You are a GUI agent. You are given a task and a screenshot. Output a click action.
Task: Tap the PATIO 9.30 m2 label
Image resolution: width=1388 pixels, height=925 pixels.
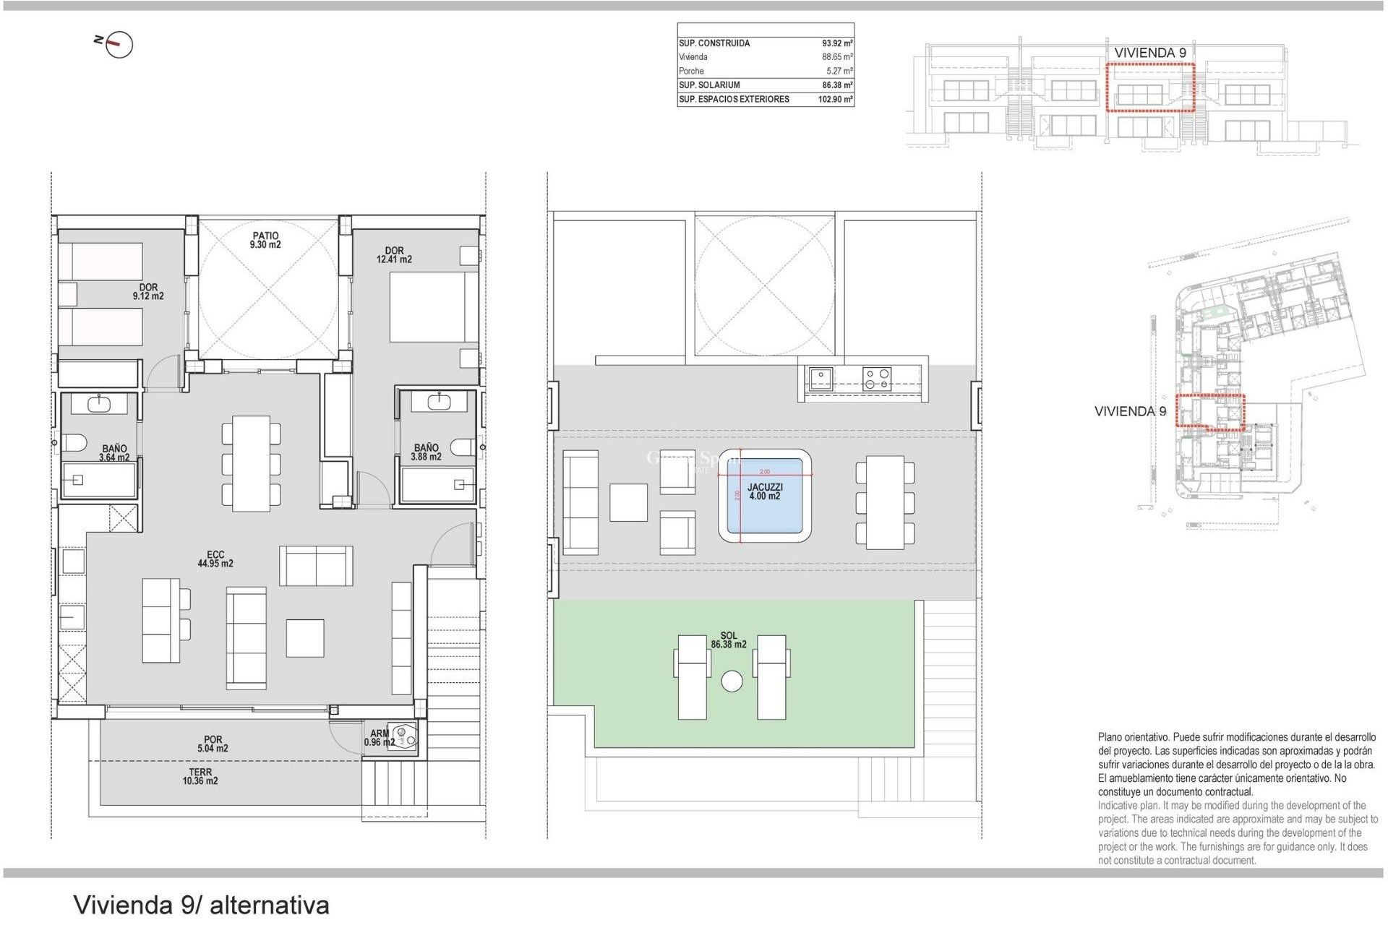(265, 241)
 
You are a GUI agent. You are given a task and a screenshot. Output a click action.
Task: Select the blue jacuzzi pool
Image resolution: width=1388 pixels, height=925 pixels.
(764, 496)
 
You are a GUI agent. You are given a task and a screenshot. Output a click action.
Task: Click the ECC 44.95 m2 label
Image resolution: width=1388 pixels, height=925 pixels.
(215, 559)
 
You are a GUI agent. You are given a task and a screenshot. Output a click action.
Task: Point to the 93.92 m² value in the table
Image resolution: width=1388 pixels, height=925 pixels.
(836, 43)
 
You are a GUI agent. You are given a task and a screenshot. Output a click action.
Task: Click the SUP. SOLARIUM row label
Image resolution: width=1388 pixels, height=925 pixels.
(709, 85)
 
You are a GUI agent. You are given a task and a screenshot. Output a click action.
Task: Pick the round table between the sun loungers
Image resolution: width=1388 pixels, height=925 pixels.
(732, 681)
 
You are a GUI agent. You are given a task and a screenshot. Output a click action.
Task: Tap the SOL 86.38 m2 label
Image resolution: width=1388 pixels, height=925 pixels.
(729, 640)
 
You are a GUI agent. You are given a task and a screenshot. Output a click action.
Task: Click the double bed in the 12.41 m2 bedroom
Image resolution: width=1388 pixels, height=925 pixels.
(432, 306)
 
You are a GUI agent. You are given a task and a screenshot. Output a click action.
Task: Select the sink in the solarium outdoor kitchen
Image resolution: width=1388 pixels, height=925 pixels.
(821, 379)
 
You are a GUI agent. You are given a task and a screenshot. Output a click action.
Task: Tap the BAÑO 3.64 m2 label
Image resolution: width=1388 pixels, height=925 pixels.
(114, 453)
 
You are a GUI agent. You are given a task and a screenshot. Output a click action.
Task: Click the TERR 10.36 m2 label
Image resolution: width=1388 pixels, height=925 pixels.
(200, 777)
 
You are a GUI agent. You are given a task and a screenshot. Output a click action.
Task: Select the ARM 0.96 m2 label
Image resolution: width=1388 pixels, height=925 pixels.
(379, 738)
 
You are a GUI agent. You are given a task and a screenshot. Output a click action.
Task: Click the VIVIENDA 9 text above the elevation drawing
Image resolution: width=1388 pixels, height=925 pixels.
(1149, 53)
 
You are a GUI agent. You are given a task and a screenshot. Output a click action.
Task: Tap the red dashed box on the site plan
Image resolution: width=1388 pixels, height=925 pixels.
(1210, 412)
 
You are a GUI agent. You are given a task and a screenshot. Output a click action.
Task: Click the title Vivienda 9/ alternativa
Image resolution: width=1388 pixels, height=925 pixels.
(201, 905)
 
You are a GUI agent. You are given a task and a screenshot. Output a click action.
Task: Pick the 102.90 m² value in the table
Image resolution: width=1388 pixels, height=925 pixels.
(835, 100)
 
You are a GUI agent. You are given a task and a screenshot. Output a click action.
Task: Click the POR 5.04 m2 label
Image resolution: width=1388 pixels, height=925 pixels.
(213, 744)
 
